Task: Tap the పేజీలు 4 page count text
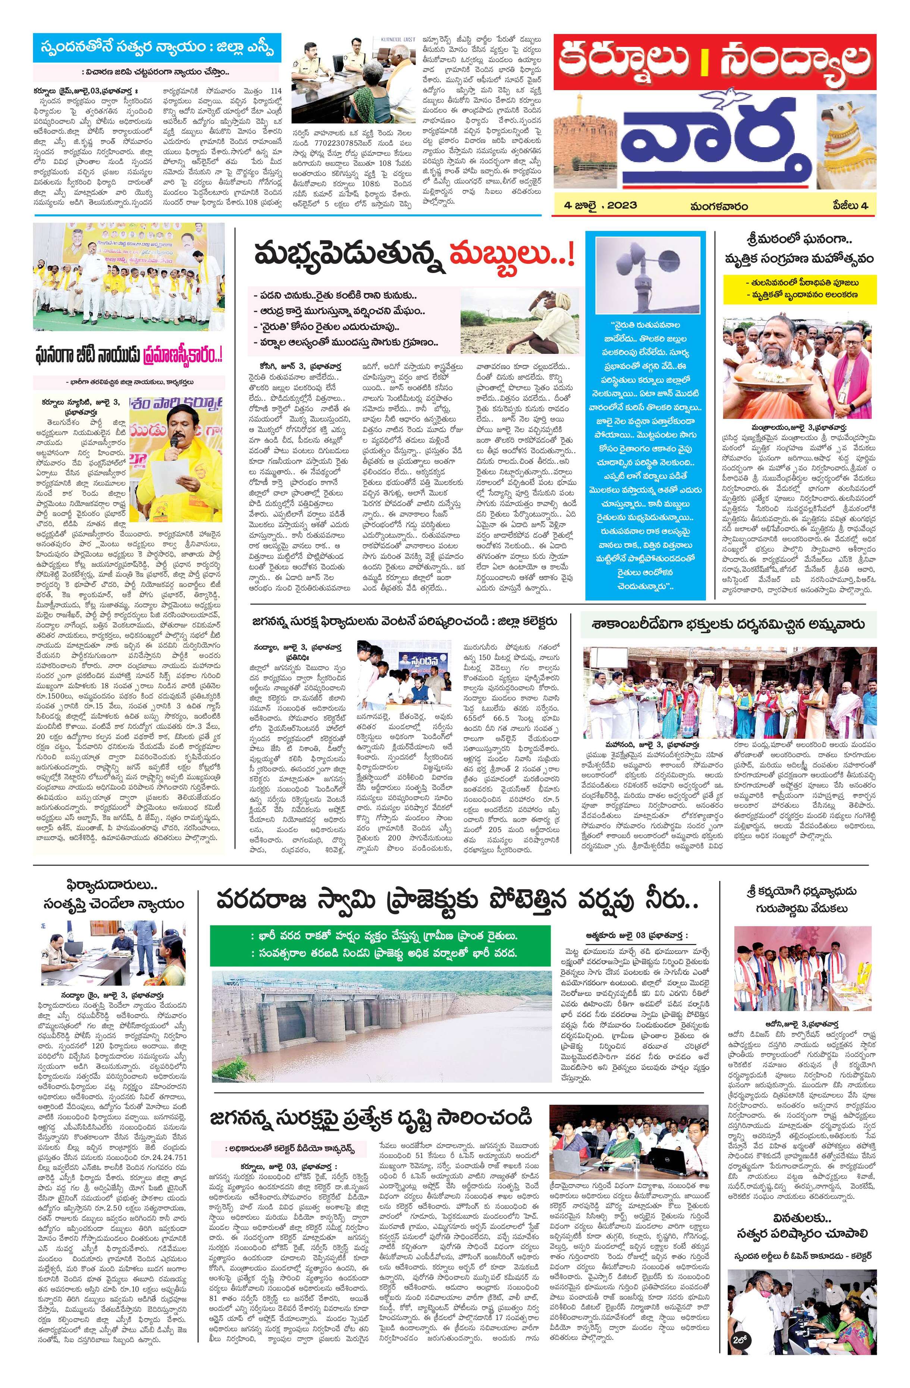tap(850, 205)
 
